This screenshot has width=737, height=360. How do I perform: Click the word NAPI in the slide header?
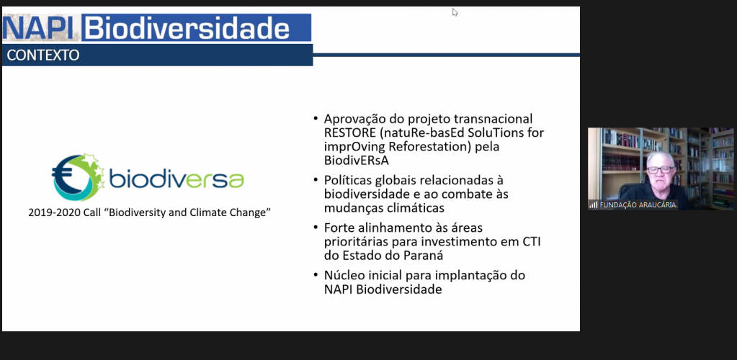(40, 28)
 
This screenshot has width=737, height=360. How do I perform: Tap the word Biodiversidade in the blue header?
(187, 28)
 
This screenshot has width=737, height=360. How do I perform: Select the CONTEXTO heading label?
(43, 55)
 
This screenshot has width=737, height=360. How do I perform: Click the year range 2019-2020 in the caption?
(55, 214)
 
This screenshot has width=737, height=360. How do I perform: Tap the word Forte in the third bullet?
(339, 228)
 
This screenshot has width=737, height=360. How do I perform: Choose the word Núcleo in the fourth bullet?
(344, 276)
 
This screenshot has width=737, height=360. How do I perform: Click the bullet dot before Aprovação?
(316, 119)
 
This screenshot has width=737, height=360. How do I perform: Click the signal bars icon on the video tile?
(593, 205)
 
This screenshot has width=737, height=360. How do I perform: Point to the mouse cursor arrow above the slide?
(455, 12)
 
